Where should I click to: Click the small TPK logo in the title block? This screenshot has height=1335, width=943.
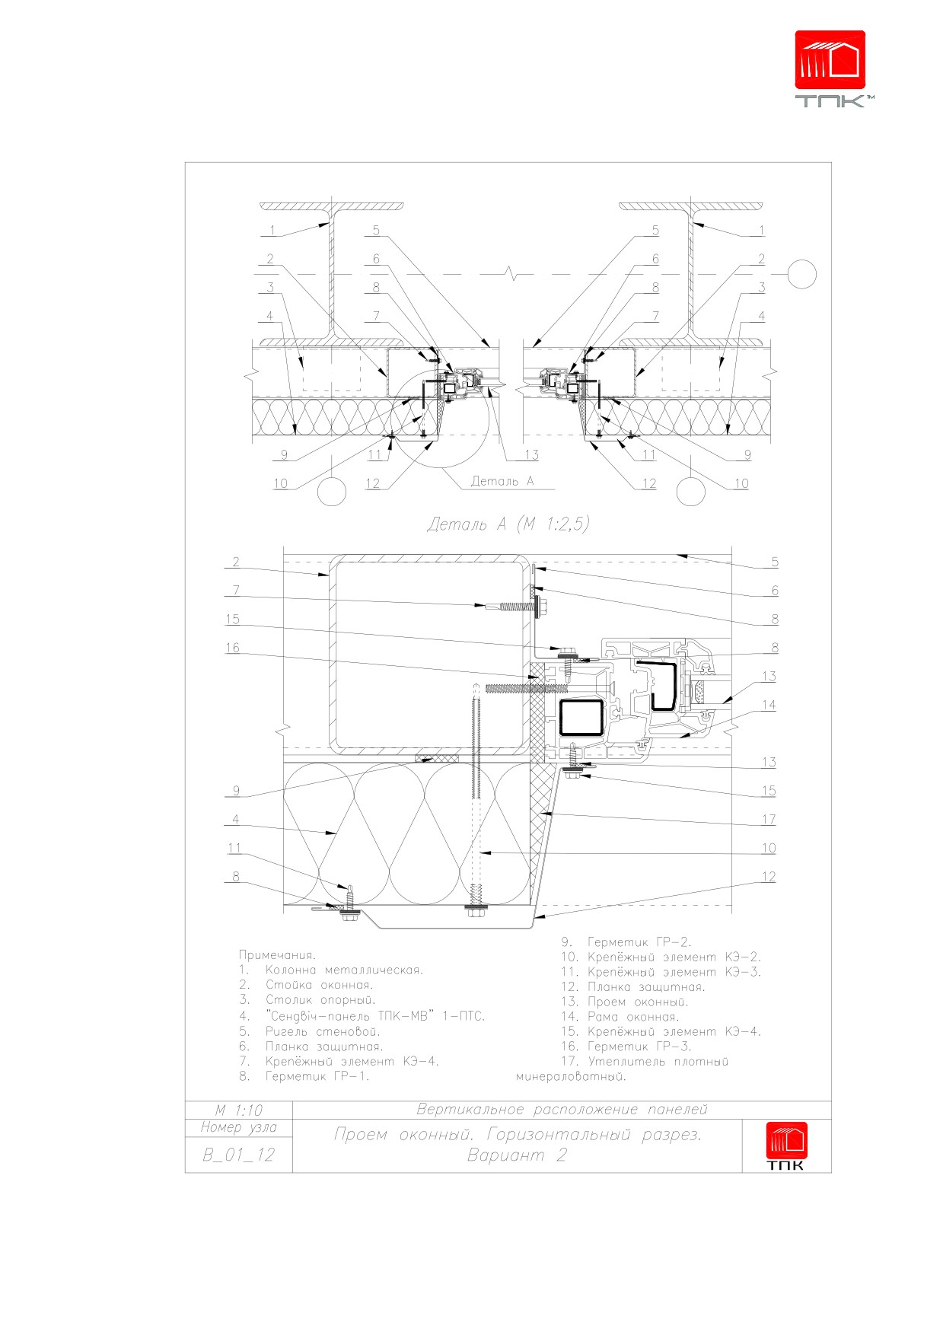(786, 1146)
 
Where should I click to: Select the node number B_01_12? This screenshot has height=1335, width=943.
(238, 1155)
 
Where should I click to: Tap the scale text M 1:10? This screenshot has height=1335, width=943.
(238, 1110)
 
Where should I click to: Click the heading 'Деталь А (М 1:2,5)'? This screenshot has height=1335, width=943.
(508, 524)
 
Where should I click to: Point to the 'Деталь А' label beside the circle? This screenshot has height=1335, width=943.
(502, 481)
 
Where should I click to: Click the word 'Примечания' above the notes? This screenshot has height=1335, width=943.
(277, 955)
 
